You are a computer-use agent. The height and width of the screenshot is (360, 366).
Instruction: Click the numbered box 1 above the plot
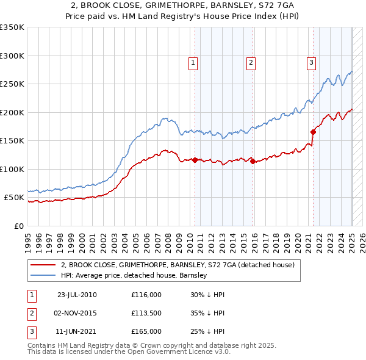coord(193,62)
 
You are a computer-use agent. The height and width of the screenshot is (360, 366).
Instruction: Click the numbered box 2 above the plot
coord(251,62)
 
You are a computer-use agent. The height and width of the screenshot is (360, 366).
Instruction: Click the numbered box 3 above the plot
coord(311,62)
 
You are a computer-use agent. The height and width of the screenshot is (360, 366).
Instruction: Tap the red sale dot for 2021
coord(313,131)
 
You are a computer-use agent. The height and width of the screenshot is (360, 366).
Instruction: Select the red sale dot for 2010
coord(195,160)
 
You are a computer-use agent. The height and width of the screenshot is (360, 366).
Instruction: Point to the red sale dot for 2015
coord(253,162)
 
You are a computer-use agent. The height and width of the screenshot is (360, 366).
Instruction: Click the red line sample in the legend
coord(43,265)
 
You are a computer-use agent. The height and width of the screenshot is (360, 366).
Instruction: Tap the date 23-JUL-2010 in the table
coord(77,295)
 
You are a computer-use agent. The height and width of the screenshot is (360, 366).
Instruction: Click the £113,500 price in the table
coord(146,313)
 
